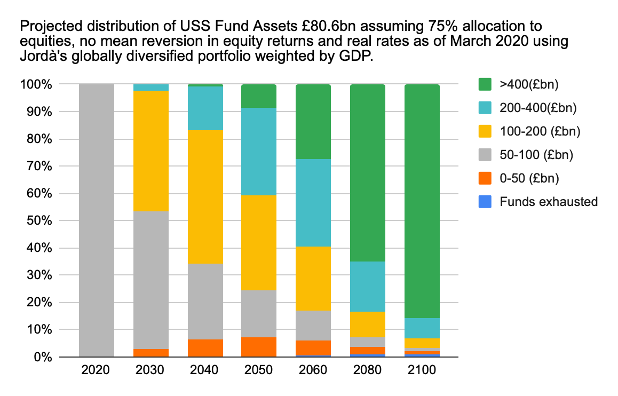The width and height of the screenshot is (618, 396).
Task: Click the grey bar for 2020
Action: [x=97, y=220]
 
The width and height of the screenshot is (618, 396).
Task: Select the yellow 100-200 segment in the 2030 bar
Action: [x=151, y=151]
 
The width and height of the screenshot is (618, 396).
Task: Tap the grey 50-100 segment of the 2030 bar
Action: [x=151, y=280]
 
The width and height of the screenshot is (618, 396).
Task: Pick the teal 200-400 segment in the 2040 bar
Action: [x=205, y=108]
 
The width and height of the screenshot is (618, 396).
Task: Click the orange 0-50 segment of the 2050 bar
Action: [x=259, y=347]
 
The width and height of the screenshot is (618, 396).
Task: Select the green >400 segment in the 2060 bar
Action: [x=313, y=122]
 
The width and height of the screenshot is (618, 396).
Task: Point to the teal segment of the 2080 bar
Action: [x=368, y=287]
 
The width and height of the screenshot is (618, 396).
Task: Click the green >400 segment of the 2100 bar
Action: [x=422, y=201]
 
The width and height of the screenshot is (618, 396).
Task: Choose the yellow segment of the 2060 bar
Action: [x=313, y=279]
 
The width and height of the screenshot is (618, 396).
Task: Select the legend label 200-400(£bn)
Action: [x=538, y=108]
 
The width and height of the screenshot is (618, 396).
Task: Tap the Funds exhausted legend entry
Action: [x=549, y=201]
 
